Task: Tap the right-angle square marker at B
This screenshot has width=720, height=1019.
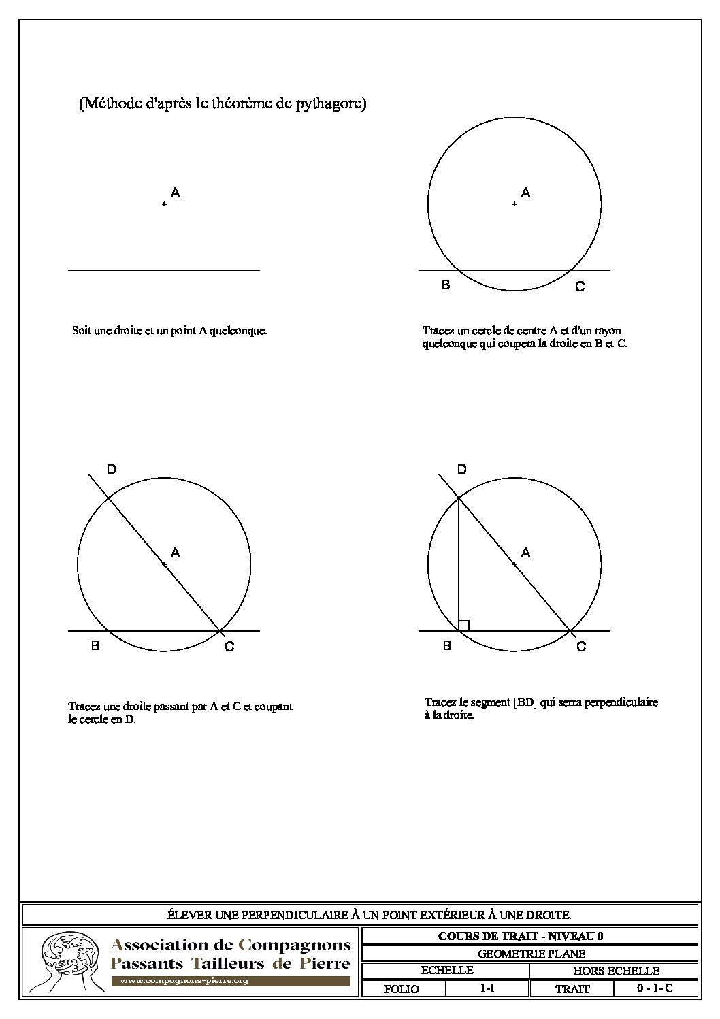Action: pos(464,626)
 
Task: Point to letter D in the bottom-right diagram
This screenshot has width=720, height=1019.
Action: pos(462,469)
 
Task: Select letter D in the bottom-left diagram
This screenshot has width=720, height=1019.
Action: pos(112,469)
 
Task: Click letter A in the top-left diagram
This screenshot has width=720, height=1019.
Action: pos(175,193)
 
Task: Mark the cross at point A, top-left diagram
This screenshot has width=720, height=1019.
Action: pos(164,204)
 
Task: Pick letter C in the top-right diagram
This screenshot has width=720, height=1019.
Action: pos(580,287)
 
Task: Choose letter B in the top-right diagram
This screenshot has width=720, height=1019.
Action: pos(446,285)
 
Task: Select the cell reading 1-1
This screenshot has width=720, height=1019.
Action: pos(487,988)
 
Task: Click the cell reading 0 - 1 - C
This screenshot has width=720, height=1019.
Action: pos(655,988)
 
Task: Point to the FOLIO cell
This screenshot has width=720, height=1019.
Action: pos(402,989)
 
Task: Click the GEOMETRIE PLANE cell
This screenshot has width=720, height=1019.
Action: pos(531,954)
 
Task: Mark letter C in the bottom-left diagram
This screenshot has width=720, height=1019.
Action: pos(229,647)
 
